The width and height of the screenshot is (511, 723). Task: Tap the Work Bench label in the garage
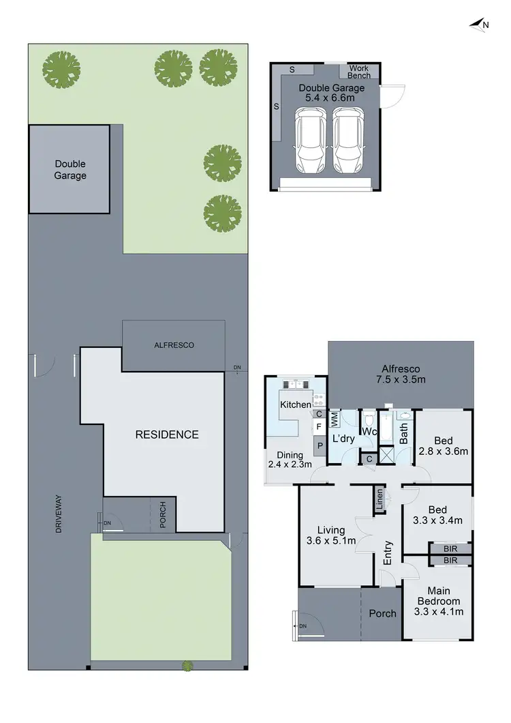click(x=359, y=72)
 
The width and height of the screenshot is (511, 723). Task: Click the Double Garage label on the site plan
click(x=70, y=169)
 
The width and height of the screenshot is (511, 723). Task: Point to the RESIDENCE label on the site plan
click(x=166, y=434)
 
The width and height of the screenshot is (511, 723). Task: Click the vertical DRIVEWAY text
click(x=59, y=514)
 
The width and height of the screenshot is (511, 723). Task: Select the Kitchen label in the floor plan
click(x=295, y=404)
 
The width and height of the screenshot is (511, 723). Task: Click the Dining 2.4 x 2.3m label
click(x=290, y=460)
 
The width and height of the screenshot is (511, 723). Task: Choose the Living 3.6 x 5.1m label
click(x=331, y=535)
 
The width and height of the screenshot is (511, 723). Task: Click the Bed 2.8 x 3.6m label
click(x=444, y=445)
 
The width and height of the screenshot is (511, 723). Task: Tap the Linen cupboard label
click(x=378, y=501)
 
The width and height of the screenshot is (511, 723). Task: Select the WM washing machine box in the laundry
click(x=335, y=418)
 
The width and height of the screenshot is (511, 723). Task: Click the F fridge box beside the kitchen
click(x=319, y=427)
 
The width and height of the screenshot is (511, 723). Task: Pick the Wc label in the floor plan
click(x=370, y=432)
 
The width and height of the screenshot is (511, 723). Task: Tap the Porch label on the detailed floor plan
click(x=382, y=613)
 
